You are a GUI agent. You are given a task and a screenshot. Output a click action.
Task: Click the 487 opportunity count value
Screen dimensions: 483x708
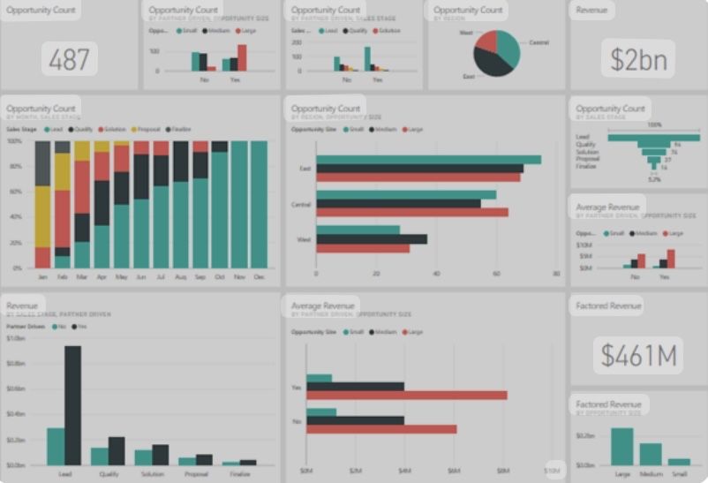tap(69, 60)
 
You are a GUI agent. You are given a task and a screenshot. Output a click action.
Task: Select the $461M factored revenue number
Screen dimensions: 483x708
tap(638, 355)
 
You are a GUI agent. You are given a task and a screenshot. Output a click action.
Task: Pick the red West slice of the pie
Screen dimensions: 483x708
tap(486, 40)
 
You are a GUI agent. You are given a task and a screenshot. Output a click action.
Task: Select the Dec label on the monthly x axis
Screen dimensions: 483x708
tap(259, 276)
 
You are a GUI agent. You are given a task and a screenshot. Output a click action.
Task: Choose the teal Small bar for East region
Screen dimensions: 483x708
tap(428, 160)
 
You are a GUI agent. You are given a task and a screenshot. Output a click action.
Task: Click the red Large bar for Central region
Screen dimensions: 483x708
tap(411, 212)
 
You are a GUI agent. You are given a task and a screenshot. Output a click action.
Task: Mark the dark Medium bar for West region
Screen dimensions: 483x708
tap(372, 238)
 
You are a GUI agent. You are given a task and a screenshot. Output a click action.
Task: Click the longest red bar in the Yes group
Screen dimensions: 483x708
tap(407, 395)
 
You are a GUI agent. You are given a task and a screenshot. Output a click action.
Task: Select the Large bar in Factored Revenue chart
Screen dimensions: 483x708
tap(622, 447)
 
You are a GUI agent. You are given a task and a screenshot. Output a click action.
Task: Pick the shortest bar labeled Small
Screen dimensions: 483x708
tap(679, 461)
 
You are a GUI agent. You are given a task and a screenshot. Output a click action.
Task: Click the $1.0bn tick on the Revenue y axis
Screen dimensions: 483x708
tap(16, 338)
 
